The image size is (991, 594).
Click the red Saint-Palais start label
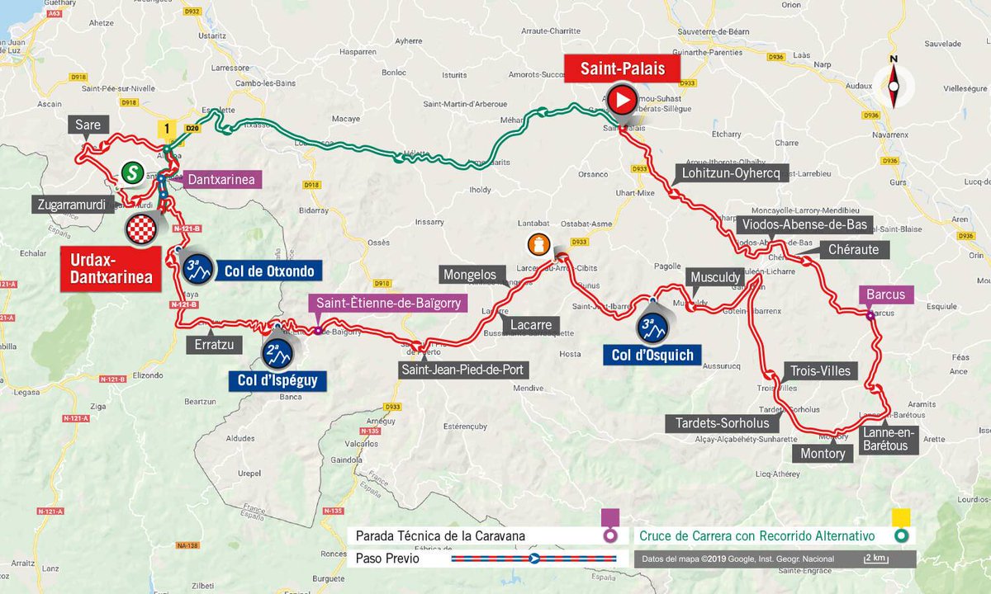tap(622, 68)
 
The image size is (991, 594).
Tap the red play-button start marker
tap(622, 101)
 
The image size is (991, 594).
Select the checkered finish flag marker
tap(145, 229)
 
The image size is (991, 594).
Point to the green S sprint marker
tap(130, 172)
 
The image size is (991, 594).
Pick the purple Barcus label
tap(886, 295)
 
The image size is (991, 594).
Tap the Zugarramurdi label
tap(73, 205)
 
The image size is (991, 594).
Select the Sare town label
tap(88, 125)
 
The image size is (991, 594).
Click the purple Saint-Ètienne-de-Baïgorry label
tap(387, 303)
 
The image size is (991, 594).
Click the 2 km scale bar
tap(876, 559)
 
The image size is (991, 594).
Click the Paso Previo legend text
tap(387, 559)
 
